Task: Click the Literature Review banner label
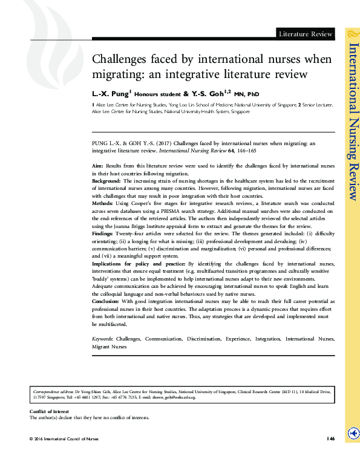[305, 34]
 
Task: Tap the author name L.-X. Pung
[109, 94]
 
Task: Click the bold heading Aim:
[97, 165]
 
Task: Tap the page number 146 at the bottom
[330, 439]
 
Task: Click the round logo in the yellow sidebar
[352, 434]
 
